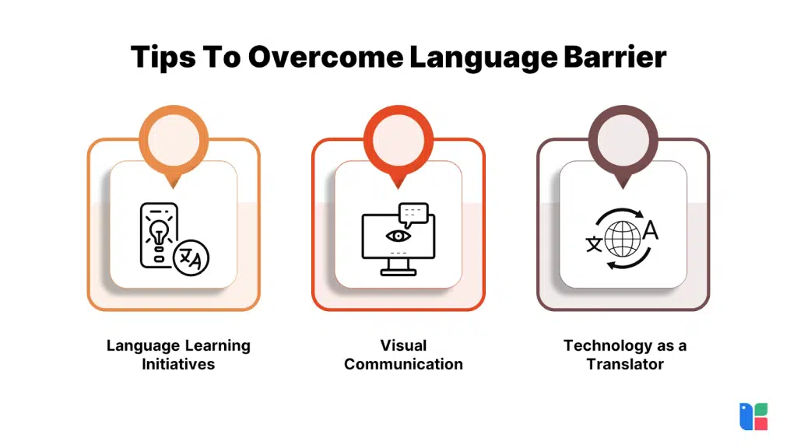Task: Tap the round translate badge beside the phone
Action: (191, 259)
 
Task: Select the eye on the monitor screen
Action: (398, 236)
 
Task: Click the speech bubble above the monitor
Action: (413, 212)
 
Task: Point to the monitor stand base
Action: (398, 272)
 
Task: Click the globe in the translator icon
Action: (623, 239)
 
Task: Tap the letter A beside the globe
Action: (650, 231)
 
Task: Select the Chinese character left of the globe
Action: (594, 243)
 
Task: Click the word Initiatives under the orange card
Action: (178, 364)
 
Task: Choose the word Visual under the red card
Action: (403, 345)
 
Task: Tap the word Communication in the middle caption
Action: (403, 364)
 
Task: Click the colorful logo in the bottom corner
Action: (753, 416)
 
